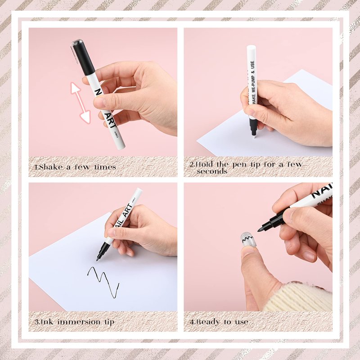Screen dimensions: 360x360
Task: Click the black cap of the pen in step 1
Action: pos(83,58)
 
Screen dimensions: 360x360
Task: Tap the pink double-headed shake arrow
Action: pos(81,103)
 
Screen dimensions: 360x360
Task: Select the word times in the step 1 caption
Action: pos(105,167)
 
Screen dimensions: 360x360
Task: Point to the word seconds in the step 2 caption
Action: pos(212,171)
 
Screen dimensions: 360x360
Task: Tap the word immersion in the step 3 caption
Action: pos(79,322)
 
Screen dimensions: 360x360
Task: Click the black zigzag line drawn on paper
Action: pos(103,282)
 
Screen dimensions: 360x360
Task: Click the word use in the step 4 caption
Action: pos(241,322)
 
